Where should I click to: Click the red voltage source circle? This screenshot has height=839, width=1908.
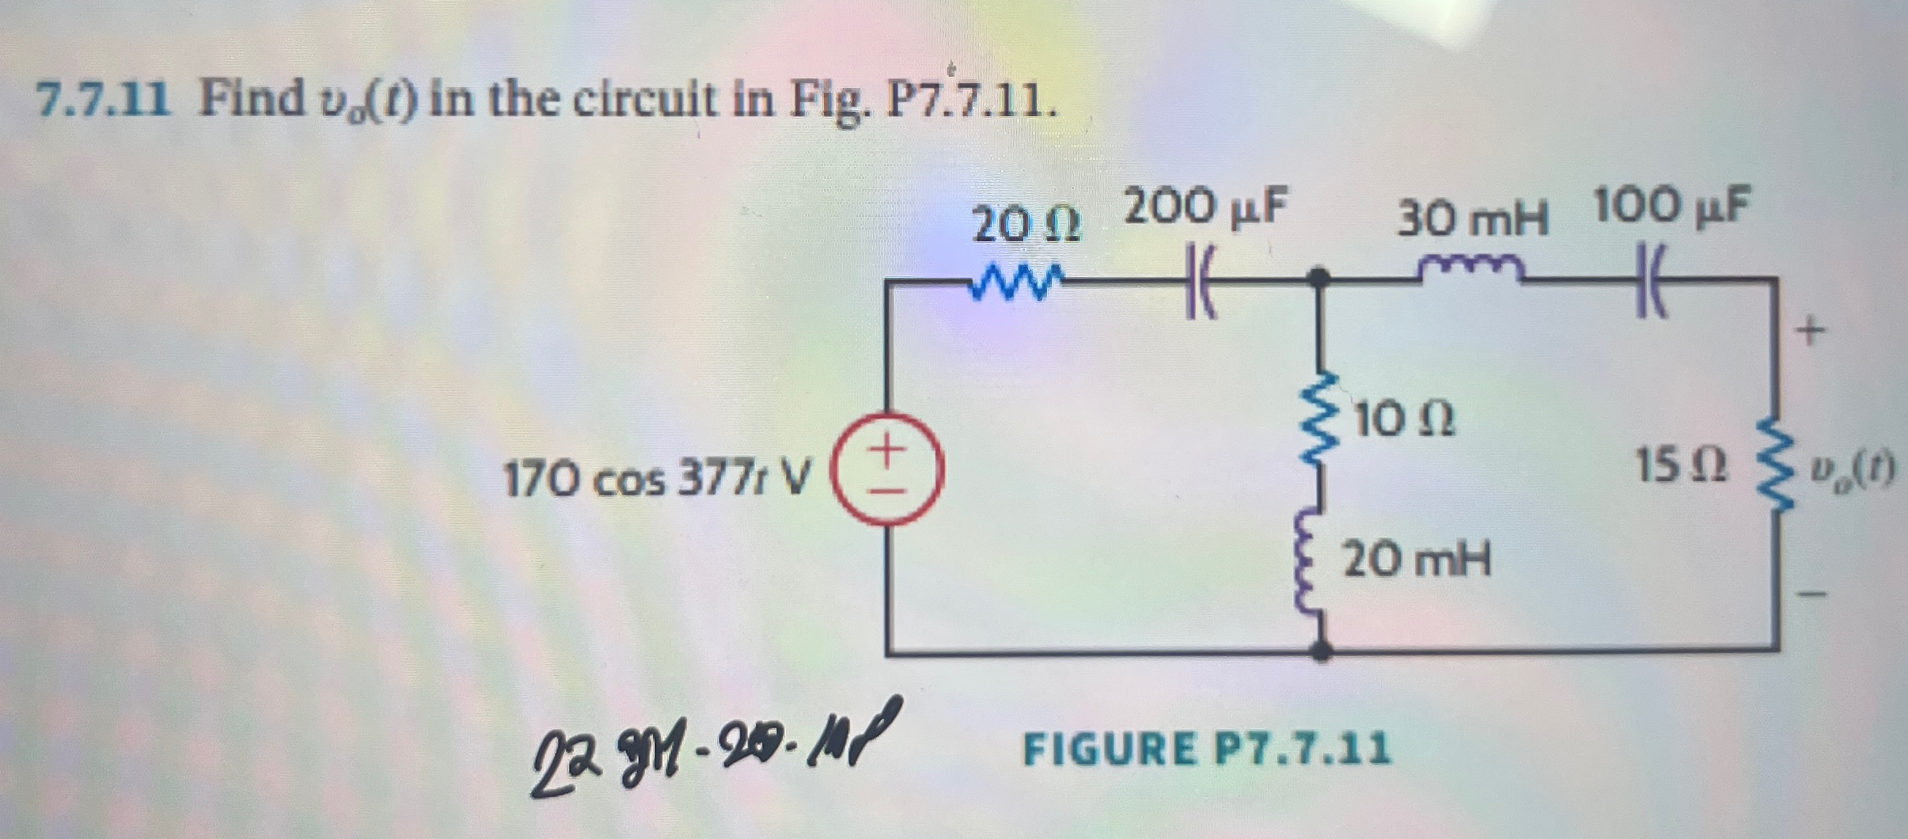coord(887,469)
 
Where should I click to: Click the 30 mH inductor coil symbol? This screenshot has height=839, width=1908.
coord(1470,270)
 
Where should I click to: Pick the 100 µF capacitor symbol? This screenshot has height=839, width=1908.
coord(1652,281)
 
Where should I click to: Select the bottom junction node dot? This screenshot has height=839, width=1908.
coord(1320,651)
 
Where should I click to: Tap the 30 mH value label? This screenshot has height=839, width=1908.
coord(1472,219)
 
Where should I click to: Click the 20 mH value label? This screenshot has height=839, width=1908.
coord(1417,560)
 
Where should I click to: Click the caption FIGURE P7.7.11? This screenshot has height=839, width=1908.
coord(1206,749)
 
